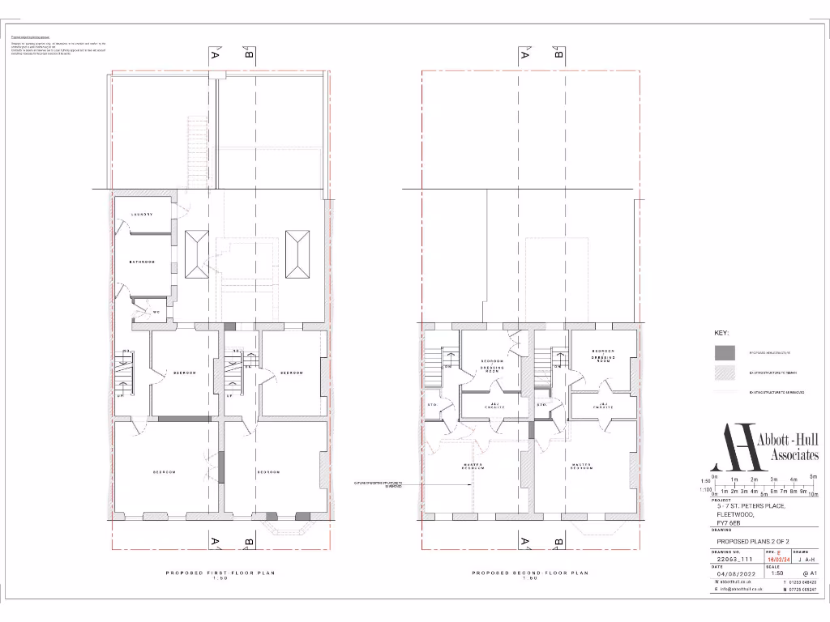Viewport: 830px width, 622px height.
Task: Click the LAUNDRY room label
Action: [142, 215]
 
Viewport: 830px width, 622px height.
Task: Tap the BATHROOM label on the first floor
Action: [142, 262]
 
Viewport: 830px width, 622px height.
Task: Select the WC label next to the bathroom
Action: [155, 312]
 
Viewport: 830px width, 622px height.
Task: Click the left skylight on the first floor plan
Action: [196, 253]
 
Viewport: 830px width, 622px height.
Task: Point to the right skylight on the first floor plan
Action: [297, 253]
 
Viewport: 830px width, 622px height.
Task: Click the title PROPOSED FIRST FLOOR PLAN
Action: [220, 573]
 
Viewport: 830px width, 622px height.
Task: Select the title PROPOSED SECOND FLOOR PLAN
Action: [530, 573]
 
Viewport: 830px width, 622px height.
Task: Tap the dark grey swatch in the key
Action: [725, 352]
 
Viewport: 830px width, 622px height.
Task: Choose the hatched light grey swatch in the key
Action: [725, 372]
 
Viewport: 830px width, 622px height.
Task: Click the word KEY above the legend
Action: [721, 334]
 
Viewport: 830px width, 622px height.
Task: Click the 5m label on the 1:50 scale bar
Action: [814, 477]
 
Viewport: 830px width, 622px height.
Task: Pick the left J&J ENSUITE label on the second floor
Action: [494, 405]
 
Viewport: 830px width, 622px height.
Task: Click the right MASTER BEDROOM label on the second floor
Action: [580, 466]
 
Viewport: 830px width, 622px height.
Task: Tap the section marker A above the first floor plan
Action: [215, 55]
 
